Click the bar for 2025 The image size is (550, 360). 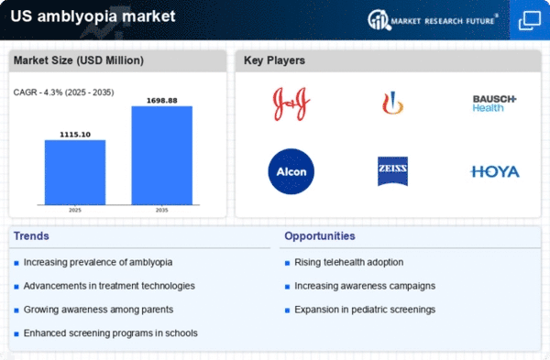[x=75, y=172]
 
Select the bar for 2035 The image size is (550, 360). [x=162, y=156]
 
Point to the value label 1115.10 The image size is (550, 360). [x=75, y=135]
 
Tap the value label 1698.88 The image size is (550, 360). [x=162, y=101]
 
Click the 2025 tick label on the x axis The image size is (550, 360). [x=75, y=211]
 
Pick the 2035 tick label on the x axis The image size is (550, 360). [x=162, y=211]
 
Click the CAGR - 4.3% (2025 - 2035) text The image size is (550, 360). [x=64, y=93]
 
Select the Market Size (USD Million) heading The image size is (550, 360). [x=79, y=60]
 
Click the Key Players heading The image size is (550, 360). [x=274, y=60]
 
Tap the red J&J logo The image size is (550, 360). [x=291, y=104]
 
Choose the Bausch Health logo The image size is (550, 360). [x=494, y=104]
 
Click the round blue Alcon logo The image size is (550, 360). [x=291, y=171]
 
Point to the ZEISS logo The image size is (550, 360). [x=392, y=171]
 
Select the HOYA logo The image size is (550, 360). [x=495, y=172]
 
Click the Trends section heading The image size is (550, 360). [x=31, y=236]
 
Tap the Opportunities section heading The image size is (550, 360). [x=320, y=236]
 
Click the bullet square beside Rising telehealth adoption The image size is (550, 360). [x=287, y=263]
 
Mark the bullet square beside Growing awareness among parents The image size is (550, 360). [x=16, y=311]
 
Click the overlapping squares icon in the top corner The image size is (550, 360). [x=530, y=20]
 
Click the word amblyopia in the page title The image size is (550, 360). [x=77, y=16]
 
